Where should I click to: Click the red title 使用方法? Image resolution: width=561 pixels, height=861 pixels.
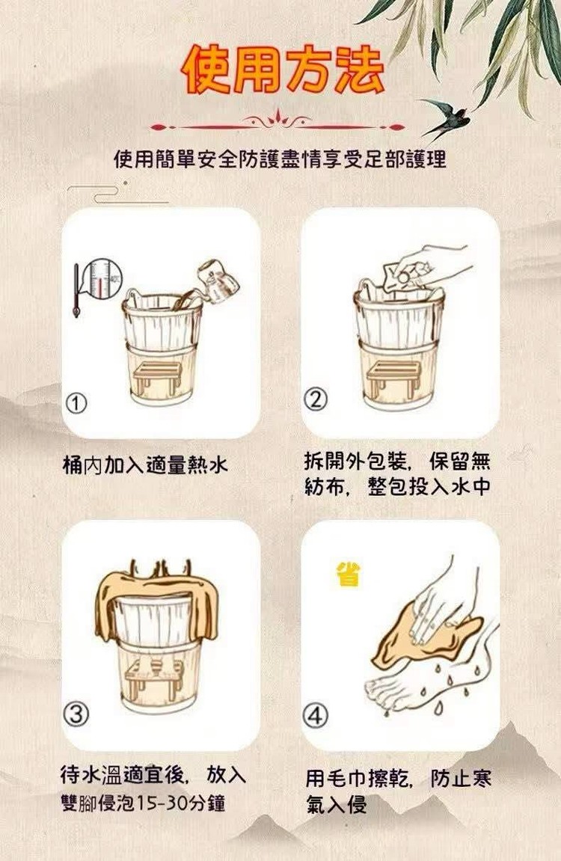click(x=282, y=69)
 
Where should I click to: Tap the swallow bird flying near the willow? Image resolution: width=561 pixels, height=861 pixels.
click(x=446, y=117)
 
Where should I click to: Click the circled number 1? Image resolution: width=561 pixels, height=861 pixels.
click(x=76, y=404)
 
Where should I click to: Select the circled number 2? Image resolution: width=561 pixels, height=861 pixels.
click(x=316, y=399)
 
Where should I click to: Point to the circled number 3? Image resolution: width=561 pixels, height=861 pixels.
click(x=76, y=714)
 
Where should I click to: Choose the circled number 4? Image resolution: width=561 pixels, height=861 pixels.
click(x=316, y=715)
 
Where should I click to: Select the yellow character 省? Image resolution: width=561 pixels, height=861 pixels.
click(x=349, y=574)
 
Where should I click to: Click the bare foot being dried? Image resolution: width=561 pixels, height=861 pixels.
click(x=417, y=678)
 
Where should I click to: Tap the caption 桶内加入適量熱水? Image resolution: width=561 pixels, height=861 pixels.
click(x=145, y=465)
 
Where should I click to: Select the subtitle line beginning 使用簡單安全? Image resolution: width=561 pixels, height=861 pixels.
click(x=280, y=159)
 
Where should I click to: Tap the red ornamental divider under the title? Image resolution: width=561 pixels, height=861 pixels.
click(x=278, y=123)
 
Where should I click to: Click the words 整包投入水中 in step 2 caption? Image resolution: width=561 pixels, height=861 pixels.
click(x=429, y=487)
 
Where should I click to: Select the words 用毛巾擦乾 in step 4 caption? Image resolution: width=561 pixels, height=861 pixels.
click(x=356, y=779)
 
